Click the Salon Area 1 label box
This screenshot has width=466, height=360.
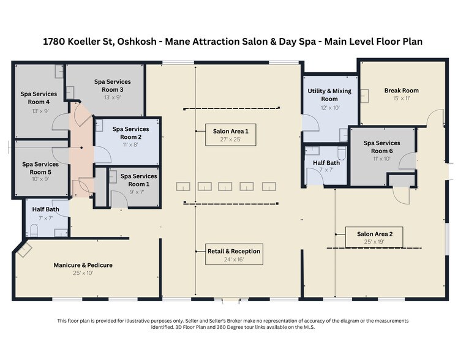231,135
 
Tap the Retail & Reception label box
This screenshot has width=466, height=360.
234,254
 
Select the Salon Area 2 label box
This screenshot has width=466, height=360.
374,237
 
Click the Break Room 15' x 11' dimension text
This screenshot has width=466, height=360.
402,99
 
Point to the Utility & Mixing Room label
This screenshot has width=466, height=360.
329,95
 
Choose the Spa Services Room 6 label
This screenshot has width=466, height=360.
382,147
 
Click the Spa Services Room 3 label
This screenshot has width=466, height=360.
112,86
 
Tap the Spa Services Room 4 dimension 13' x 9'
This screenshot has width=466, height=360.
40,111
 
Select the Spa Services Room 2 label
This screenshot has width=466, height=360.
131,133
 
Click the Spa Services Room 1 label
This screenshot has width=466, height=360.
139,180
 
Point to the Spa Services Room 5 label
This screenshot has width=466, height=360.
40,168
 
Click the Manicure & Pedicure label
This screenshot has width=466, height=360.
83,265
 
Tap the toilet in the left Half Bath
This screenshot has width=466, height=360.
34,231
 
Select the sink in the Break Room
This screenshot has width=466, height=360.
365,96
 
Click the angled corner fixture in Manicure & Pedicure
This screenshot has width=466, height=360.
24,249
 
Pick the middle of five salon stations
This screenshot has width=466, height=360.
225,187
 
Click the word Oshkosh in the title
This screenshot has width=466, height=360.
137,41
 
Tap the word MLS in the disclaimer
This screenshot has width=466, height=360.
308,327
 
